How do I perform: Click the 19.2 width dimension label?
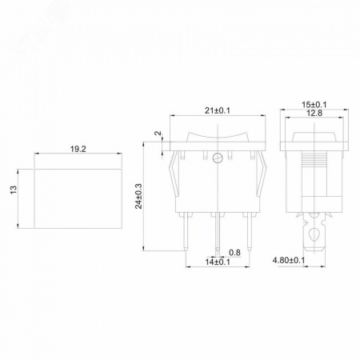[78, 149]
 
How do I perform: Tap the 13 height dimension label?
[14, 190]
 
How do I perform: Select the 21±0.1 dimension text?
[218, 110]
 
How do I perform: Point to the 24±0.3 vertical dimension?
[139, 196]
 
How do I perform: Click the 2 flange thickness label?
[158, 133]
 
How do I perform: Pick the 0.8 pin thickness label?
[234, 252]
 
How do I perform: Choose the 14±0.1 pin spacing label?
[218, 262]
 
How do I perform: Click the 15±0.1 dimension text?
[314, 105]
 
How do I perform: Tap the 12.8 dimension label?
[314, 113]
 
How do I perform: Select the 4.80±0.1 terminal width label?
[289, 260]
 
